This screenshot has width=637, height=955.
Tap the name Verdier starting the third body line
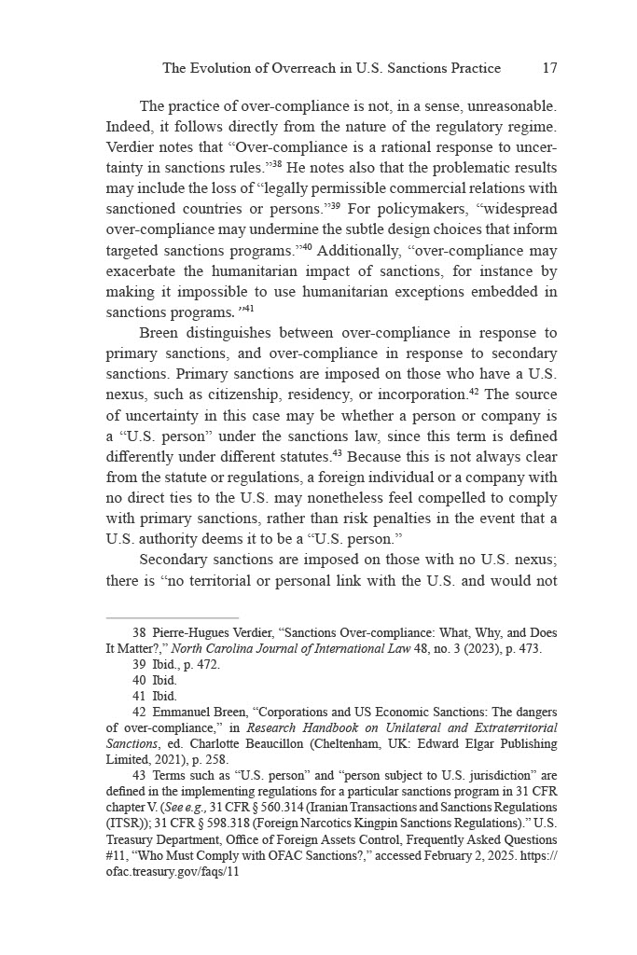click(132, 147)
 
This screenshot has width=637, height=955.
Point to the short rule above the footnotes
click(173, 617)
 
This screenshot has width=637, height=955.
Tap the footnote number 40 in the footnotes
click(140, 680)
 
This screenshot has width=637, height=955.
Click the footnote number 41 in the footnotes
click(140, 696)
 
